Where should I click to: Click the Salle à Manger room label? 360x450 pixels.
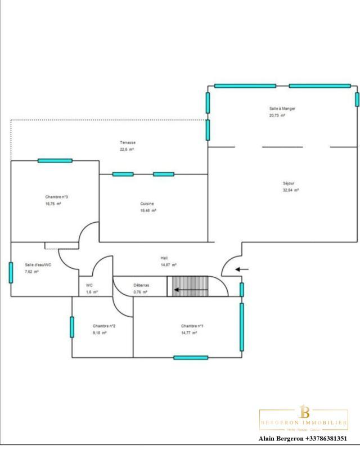click(282, 108)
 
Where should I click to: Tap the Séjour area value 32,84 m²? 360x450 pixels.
click(291, 191)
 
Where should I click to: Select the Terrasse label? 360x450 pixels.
click(127, 142)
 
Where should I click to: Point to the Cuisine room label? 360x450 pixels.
click(147, 204)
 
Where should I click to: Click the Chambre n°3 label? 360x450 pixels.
click(57, 197)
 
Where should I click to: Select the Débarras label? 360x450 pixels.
click(140, 285)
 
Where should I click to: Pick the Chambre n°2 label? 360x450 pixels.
click(104, 326)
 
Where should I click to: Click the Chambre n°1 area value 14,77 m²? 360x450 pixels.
click(189, 333)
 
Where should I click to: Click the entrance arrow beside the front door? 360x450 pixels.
click(242, 269)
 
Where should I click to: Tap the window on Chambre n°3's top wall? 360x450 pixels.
click(55, 161)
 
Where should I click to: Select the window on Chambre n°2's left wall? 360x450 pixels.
click(72, 327)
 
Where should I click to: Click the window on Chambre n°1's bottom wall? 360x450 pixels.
click(191, 357)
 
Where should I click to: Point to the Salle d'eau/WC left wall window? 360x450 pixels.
click(11, 272)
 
